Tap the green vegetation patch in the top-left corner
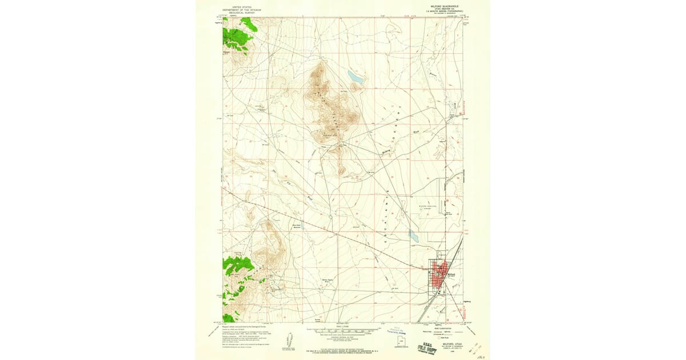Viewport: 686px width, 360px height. click(238, 34)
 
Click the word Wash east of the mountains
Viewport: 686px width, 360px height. click(416, 132)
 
